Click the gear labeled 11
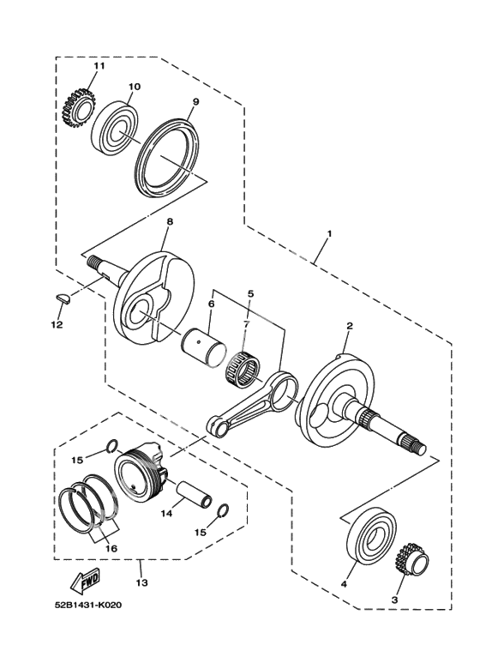click(x=79, y=108)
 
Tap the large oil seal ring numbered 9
click(x=168, y=153)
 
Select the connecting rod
click(x=252, y=405)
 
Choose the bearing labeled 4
click(x=372, y=536)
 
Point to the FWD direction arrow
click(x=85, y=580)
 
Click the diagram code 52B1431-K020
click(x=88, y=605)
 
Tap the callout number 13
click(x=142, y=582)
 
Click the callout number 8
click(x=170, y=221)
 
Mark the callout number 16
click(x=111, y=548)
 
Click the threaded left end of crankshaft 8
click(x=93, y=262)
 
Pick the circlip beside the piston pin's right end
click(x=224, y=511)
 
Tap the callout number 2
click(x=350, y=326)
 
